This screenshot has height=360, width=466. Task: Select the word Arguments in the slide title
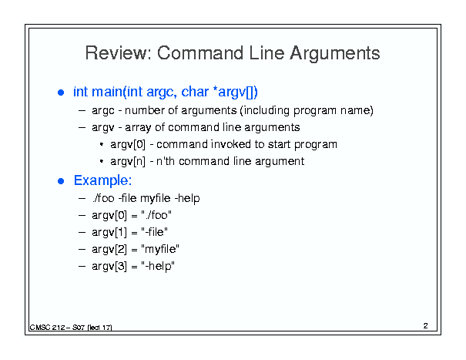[335, 53]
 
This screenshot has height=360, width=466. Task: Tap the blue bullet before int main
[61, 93]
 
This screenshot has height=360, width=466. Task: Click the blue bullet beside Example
[61, 181]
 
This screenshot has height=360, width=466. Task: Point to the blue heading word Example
[102, 181]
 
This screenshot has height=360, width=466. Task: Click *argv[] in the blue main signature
[236, 92]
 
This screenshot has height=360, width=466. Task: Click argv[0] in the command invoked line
[128, 145]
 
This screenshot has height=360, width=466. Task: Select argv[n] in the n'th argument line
[128, 162]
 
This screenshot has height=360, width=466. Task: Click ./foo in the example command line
[103, 198]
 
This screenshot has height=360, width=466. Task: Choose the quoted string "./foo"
[156, 215]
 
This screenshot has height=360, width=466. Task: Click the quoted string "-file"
[154, 232]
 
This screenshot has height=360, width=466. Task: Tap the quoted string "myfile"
[160, 249]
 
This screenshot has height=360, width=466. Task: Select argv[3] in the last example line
[109, 266]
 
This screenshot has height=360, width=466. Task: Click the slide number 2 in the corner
[426, 326]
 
